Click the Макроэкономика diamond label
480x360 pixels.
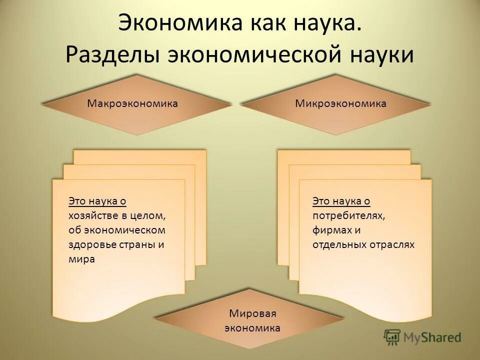click(x=132, y=103)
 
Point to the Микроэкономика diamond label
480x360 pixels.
click(x=340, y=103)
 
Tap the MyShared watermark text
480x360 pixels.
click(x=434, y=337)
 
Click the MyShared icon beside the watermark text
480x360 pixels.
click(x=392, y=337)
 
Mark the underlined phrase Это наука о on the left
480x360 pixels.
click(x=97, y=201)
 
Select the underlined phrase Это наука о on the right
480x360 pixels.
click(x=341, y=201)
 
